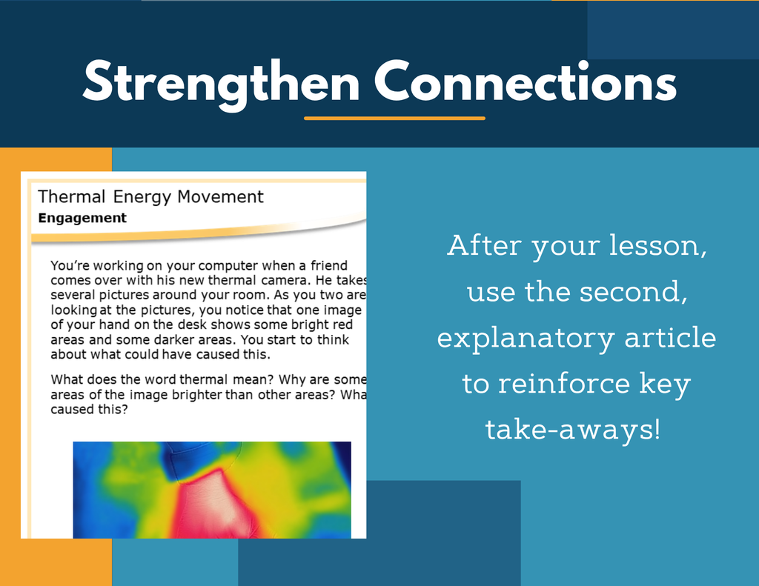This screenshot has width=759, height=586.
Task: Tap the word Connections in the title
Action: tap(526, 81)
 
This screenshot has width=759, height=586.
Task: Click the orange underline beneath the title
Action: tap(394, 118)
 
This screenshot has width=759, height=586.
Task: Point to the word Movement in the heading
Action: tap(220, 196)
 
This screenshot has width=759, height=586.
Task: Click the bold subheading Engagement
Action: tap(82, 219)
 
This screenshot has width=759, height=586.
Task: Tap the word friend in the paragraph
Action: tap(329, 265)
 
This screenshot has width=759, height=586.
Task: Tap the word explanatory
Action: tap(526, 339)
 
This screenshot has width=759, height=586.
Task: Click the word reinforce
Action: tap(564, 383)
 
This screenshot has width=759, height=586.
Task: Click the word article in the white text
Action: tap(670, 337)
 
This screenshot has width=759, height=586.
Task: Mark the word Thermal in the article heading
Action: tap(72, 196)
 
